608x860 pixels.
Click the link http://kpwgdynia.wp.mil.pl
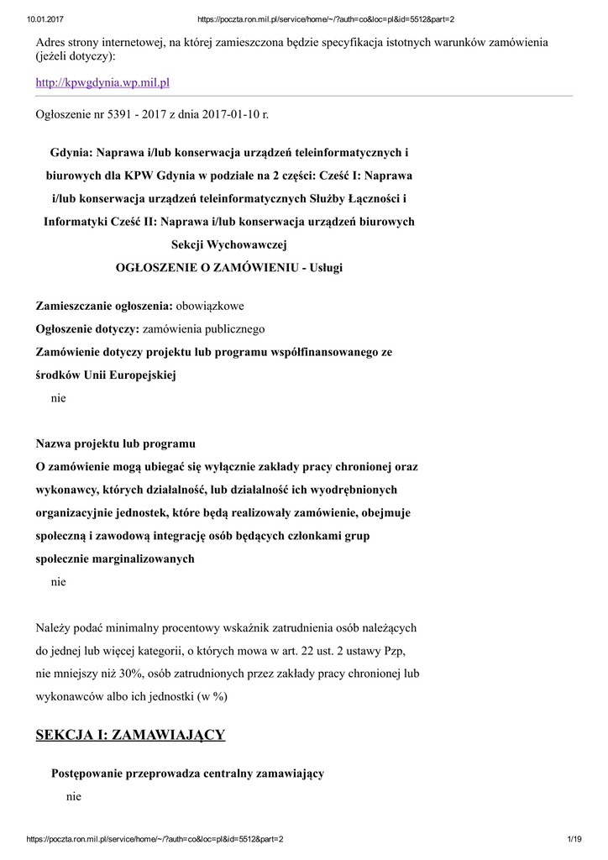(x=102, y=82)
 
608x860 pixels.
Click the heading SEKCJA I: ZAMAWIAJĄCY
(x=130, y=735)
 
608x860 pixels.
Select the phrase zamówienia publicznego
(x=204, y=328)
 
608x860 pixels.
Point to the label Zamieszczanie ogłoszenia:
(x=104, y=306)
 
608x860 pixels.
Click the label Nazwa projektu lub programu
(x=116, y=443)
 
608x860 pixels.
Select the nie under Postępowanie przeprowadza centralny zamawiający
(x=74, y=795)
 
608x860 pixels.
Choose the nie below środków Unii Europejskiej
(x=58, y=398)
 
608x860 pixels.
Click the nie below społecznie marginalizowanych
(x=58, y=581)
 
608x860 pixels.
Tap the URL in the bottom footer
(x=155, y=839)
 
